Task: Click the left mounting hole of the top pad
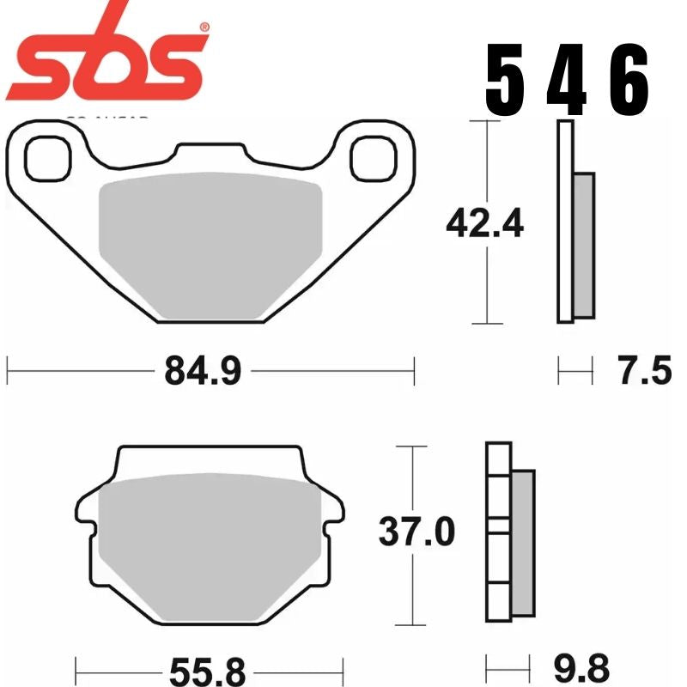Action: tap(45, 158)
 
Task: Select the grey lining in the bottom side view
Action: tap(523, 543)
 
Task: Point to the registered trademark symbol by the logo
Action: tap(204, 27)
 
